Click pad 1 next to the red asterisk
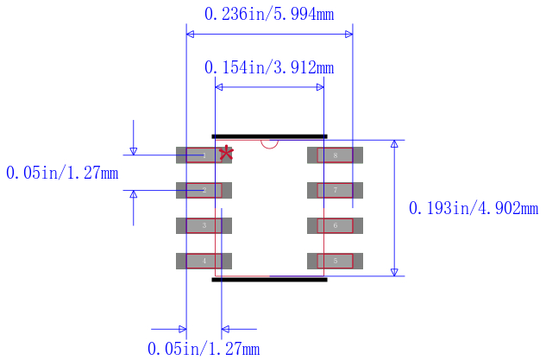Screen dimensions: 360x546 (199, 155)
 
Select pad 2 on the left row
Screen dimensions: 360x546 (199, 190)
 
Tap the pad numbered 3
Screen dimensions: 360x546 (199, 225)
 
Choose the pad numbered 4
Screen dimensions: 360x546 (199, 261)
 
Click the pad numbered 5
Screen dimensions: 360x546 (336, 261)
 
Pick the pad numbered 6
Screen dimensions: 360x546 (336, 225)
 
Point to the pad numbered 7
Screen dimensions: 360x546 (336, 190)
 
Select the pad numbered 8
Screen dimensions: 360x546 (336, 155)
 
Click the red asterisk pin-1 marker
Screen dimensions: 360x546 (226, 153)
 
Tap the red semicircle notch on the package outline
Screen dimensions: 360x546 (269, 143)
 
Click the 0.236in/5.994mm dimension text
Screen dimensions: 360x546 (268, 14)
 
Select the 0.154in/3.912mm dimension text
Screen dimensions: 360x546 (268, 67)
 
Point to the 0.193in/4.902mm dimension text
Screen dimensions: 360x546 (473, 208)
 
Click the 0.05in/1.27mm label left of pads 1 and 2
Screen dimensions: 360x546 (62, 173)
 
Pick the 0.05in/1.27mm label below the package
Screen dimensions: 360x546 (204, 349)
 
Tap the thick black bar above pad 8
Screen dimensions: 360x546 (269, 136)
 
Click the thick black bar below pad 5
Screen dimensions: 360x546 (269, 280)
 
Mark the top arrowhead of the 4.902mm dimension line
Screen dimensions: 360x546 (395, 143)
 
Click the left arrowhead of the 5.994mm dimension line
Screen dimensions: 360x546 (191, 35)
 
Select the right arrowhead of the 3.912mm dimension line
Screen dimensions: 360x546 (319, 87)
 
